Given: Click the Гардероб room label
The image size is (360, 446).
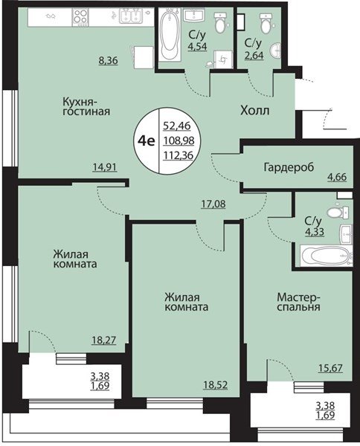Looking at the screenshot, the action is pyautogui.click(x=289, y=167).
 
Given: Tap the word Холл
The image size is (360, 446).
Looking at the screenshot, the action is pyautogui.click(x=254, y=110).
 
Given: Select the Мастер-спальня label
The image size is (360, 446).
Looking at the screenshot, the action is pyautogui.click(x=298, y=302).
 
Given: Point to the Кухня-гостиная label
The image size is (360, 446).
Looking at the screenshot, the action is pyautogui.click(x=86, y=106).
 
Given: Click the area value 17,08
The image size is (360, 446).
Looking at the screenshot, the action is pyautogui.click(x=213, y=204).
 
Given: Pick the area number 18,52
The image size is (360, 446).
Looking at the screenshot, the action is pyautogui.click(x=216, y=385).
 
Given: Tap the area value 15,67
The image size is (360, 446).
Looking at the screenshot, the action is pyautogui.click(x=330, y=368).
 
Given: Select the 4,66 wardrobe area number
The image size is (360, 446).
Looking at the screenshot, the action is pyautogui.click(x=337, y=177).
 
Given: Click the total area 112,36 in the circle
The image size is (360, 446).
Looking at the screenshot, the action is pyautogui.click(x=179, y=155).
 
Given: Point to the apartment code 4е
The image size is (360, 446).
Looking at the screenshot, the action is pyautogui.click(x=147, y=140).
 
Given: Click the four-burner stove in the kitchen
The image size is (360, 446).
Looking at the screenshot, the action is pyautogui.click(x=80, y=17).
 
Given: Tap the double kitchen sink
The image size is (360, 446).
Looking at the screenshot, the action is pyautogui.click(x=131, y=16).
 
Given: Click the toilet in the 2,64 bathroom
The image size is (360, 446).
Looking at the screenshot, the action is pyautogui.click(x=266, y=23).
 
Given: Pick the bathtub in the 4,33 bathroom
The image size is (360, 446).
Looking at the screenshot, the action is pyautogui.click(x=326, y=255).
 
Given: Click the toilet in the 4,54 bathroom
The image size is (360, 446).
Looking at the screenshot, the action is pyautogui.click(x=220, y=22).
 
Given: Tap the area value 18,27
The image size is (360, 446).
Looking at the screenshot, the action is pyautogui.click(x=104, y=340).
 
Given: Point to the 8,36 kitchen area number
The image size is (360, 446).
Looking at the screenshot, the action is pyautogui.click(x=108, y=60).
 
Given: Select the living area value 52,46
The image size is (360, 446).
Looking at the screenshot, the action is pyautogui.click(x=177, y=126).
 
